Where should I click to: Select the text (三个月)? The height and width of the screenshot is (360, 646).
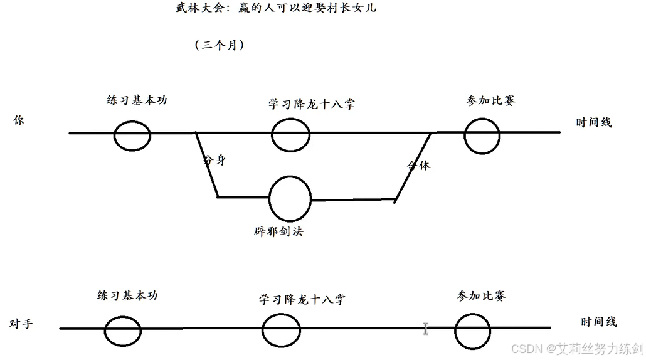(x=219, y=45)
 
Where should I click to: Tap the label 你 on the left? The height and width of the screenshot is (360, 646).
(x=18, y=121)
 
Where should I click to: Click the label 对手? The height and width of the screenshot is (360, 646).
(x=21, y=324)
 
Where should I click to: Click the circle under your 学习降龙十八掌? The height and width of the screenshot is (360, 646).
(x=290, y=134)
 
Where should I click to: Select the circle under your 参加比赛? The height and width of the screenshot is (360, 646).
(x=482, y=134)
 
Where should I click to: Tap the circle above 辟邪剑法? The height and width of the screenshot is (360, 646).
(x=290, y=198)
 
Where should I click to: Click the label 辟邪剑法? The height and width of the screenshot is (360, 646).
(x=275, y=231)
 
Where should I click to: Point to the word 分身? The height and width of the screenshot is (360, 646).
(x=214, y=160)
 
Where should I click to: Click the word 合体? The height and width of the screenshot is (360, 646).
(x=419, y=165)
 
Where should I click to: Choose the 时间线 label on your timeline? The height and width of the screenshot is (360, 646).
(x=593, y=122)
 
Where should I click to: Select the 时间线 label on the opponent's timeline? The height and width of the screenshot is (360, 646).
(x=598, y=322)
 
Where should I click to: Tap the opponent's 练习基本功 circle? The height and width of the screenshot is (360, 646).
(x=122, y=330)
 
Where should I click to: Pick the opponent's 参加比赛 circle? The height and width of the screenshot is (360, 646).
(x=472, y=330)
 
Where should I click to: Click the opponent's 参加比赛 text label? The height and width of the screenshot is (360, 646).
(x=482, y=296)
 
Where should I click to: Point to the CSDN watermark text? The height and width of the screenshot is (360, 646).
(x=577, y=349)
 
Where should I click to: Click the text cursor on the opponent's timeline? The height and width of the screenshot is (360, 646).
(x=426, y=328)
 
